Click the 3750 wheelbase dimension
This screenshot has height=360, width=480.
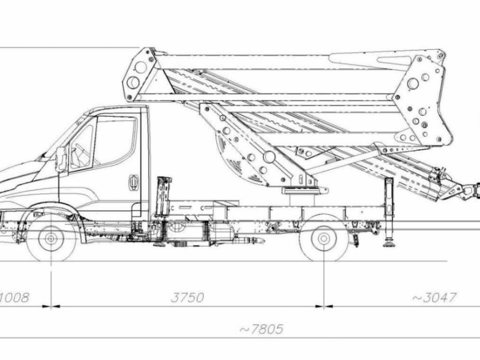coord(187,297)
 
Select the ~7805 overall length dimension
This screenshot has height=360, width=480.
coord(261,329)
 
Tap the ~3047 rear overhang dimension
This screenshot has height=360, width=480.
coord(435,297)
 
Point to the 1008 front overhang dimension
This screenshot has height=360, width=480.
coord(14,297)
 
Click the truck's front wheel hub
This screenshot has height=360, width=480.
coord(51,238)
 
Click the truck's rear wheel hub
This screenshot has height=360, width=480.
coord(324,238)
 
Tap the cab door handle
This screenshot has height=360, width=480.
coord(133,182)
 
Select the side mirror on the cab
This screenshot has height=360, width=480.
coord(61,159)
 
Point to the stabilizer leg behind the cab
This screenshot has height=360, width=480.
coord(163,197)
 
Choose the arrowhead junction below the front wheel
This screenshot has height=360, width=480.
coord(51,307)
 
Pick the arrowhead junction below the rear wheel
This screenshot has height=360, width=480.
coord(324,307)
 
